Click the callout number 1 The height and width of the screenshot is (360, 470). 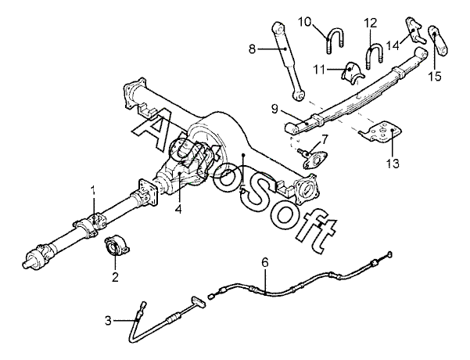click(x=93, y=190)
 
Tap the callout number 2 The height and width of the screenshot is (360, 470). click(x=114, y=276)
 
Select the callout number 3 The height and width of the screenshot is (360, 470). click(x=109, y=319)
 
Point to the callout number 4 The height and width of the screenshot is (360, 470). click(x=178, y=209)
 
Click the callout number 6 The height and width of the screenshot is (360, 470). click(x=265, y=262)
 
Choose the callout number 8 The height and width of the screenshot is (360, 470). click(x=252, y=49)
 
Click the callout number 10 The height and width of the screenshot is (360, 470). click(x=326, y=20)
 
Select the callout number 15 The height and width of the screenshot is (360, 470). click(x=434, y=76)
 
